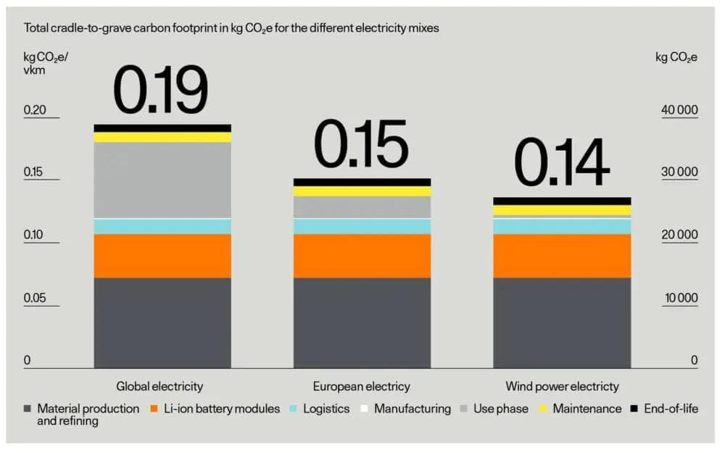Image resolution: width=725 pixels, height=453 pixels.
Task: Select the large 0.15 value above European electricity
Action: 361,145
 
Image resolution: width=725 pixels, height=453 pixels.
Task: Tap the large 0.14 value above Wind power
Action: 561,164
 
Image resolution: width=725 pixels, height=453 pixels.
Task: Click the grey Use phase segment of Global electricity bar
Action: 162,180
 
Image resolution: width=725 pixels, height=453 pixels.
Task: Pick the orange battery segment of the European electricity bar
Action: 361,256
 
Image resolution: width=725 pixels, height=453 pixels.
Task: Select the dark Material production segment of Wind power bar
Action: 561,323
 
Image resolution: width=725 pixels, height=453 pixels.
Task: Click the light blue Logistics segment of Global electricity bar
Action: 162,226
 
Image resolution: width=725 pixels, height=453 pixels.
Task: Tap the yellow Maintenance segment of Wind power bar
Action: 561,210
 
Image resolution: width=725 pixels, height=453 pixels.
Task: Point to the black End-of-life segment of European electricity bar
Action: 361,182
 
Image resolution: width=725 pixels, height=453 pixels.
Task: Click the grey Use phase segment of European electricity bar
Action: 361,207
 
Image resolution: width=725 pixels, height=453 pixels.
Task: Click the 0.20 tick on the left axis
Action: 35,110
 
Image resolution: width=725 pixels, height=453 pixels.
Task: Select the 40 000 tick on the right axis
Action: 679,110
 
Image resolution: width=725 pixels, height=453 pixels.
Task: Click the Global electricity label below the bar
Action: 159,386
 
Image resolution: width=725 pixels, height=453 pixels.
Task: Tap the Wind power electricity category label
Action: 563,386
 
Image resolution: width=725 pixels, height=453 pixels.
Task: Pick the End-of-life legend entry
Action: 663,409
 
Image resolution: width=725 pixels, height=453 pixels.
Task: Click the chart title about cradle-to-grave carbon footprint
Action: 231,28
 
